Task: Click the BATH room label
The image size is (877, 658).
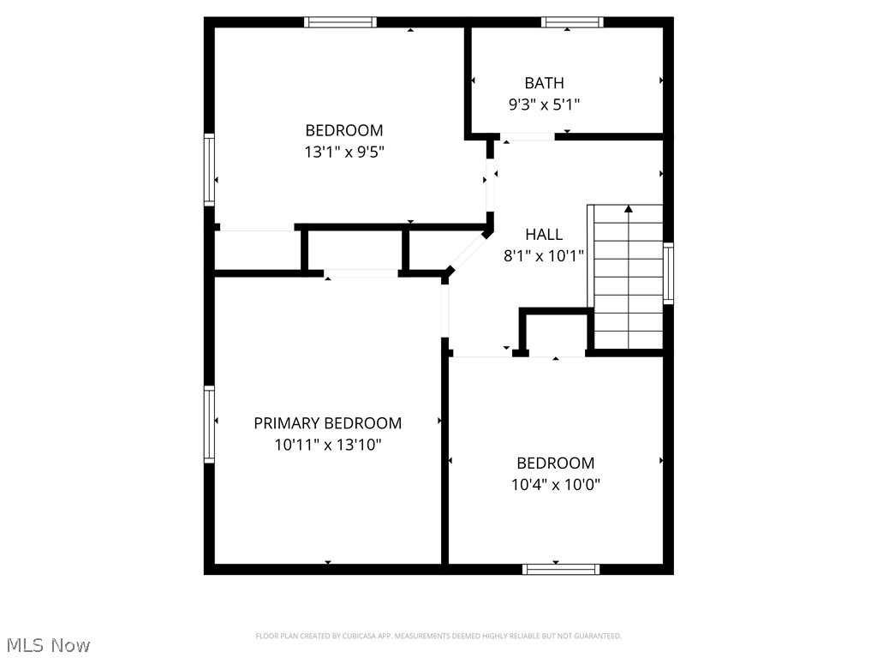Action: click(544, 83)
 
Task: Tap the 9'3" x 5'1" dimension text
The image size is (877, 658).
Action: click(544, 105)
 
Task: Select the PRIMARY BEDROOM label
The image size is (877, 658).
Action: click(327, 423)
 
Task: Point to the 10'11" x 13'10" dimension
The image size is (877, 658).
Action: click(327, 445)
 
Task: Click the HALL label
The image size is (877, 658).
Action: click(544, 234)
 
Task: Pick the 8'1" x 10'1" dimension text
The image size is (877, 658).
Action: click(544, 255)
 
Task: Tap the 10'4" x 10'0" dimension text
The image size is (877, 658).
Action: click(555, 484)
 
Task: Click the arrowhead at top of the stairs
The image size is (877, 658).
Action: click(629, 208)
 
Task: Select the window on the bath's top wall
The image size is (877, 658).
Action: click(571, 22)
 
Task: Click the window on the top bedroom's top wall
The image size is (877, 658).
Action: click(340, 22)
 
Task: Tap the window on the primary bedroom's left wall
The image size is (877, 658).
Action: click(209, 424)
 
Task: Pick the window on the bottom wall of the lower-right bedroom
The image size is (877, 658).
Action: click(561, 569)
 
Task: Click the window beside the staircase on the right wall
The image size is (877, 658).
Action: click(668, 272)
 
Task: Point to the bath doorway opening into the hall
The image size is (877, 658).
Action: click(528, 136)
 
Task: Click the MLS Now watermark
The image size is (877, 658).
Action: click(47, 644)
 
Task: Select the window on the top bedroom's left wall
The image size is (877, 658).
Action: click(209, 169)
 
